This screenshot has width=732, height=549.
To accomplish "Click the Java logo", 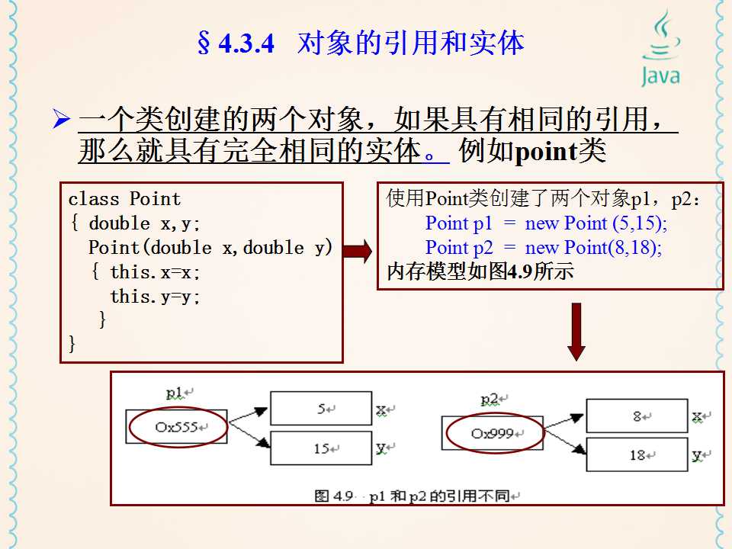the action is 660,47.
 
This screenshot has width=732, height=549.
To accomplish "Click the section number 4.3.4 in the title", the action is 246,44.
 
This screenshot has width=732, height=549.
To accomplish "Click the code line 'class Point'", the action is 124,200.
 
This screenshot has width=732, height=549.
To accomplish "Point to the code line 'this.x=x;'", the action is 156,272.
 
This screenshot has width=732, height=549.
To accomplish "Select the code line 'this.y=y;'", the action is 156,297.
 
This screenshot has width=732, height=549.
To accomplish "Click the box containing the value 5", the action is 321,409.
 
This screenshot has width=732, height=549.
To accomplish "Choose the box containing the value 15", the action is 321,448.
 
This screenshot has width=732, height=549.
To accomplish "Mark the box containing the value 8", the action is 637,416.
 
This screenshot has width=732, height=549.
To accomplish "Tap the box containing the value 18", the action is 637,455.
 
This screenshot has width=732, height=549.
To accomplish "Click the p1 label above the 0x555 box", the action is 175,393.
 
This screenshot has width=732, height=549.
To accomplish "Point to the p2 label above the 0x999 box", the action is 490,400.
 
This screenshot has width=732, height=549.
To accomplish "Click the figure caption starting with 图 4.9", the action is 416,496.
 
